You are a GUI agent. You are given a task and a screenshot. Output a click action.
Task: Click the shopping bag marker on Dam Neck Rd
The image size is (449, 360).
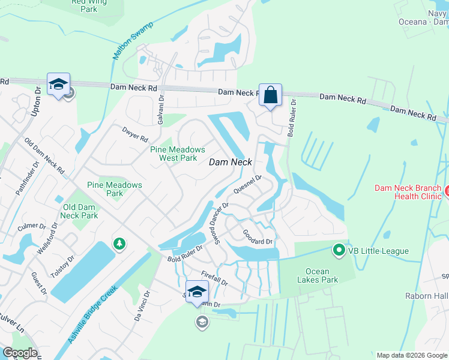(270, 95)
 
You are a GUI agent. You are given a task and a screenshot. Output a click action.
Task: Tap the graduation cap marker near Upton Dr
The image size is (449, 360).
(58, 85)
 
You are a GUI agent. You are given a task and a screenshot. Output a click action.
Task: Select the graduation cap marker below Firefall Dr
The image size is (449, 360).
(197, 292)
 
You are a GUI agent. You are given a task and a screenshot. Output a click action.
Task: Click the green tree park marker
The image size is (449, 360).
(119, 244)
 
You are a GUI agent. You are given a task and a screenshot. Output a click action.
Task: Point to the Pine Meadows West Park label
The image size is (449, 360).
(177, 154)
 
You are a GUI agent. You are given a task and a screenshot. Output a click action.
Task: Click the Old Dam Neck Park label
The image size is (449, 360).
(79, 211)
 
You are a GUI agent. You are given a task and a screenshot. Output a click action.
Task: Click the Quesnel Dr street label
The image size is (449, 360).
(248, 184)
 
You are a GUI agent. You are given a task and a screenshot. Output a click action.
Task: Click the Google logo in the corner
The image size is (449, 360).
(20, 352)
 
